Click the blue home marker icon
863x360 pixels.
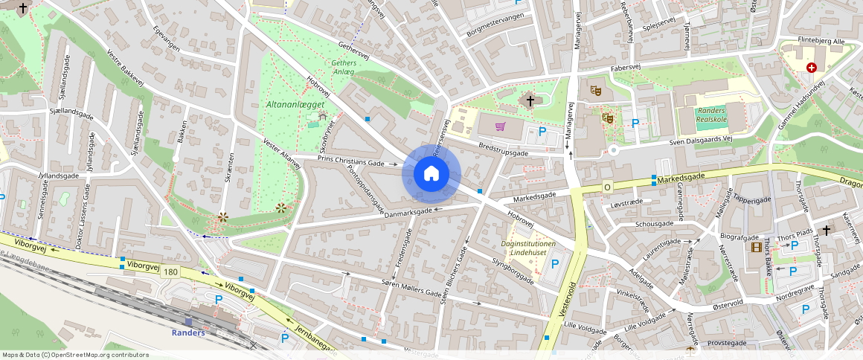pos(431,174)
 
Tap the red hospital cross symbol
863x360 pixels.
pos(811,67)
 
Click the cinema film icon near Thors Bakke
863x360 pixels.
pos(757,247)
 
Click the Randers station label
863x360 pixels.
pos(187,332)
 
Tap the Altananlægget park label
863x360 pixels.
pos(295,105)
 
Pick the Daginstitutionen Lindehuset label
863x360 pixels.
pos(528,248)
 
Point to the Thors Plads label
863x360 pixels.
pos(793,239)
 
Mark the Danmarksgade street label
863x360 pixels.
pos(407,212)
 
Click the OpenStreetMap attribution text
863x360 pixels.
pos(76,355)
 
